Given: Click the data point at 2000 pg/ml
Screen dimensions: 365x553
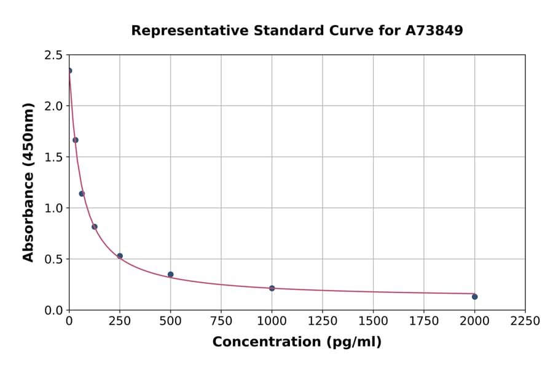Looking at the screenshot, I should click(x=474, y=297).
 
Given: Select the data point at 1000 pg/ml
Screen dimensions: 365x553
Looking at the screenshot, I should click(x=272, y=288).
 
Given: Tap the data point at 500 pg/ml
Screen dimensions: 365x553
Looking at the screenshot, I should click(x=170, y=275).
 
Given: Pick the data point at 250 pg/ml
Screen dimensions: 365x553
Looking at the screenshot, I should click(x=120, y=256).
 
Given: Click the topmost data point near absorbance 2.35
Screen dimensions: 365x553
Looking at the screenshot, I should click(x=69, y=71).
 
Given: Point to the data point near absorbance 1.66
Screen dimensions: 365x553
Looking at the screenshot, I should click(x=76, y=140).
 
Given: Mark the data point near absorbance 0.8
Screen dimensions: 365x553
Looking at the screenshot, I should click(x=95, y=227).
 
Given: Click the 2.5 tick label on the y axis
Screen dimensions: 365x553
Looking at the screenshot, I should click(x=52, y=55).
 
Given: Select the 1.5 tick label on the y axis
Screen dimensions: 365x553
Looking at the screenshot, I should click(x=52, y=157).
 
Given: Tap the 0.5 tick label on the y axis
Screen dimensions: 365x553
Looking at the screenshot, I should click(x=52, y=259).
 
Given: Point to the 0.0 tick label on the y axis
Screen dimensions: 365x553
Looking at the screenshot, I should click(x=52, y=310).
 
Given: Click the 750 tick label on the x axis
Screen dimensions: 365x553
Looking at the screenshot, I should click(x=221, y=321).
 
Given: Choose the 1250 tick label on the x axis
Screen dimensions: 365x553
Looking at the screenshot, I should click(x=323, y=321).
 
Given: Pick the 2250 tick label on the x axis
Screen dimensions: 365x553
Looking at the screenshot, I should click(x=525, y=321).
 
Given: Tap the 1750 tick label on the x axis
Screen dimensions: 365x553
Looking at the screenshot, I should click(x=424, y=321).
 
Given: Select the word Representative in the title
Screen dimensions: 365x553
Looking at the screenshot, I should click(x=184, y=30).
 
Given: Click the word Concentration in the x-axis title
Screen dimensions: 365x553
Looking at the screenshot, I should click(x=266, y=342).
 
